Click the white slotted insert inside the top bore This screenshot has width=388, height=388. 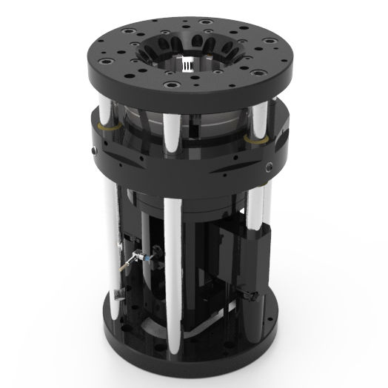(190, 64)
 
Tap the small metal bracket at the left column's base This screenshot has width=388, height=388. (118, 296)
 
